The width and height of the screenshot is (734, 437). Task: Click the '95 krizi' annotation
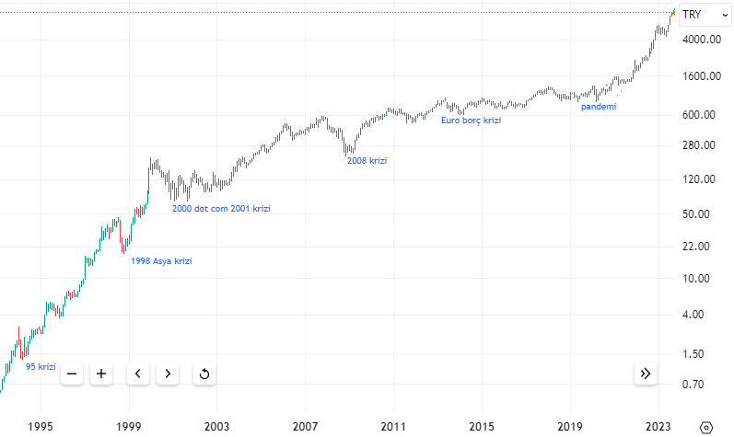click(41, 367)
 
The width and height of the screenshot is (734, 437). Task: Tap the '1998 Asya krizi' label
click(162, 261)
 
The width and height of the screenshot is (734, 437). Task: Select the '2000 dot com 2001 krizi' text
click(221, 209)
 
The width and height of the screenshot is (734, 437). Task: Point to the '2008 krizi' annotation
click(367, 161)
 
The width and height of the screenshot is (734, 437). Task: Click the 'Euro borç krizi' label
click(471, 121)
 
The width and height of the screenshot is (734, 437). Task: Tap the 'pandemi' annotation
click(599, 107)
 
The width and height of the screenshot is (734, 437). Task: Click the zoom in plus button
click(101, 374)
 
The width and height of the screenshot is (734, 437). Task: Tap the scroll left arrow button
click(137, 374)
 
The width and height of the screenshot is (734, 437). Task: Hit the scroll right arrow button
click(167, 374)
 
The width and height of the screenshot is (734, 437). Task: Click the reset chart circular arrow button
click(204, 374)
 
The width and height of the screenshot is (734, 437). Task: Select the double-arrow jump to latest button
click(645, 374)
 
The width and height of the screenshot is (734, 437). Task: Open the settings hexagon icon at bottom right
click(706, 427)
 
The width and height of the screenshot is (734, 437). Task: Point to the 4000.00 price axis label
click(701, 40)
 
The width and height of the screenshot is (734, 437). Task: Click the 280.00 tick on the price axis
click(701, 145)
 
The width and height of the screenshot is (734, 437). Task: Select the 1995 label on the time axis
click(40, 427)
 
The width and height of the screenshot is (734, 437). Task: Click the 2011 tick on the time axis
click(393, 427)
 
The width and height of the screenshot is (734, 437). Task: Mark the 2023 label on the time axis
click(658, 427)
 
